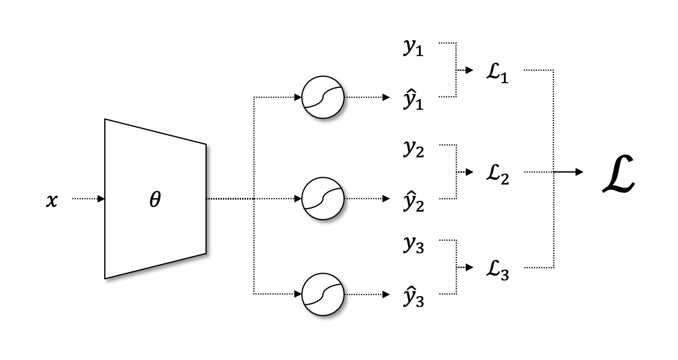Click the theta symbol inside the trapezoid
click(x=155, y=200)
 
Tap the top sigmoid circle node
click(x=323, y=97)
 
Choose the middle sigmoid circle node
click(x=323, y=198)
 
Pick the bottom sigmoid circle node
click(x=323, y=294)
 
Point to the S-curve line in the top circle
click(x=324, y=96)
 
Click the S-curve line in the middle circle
click(x=324, y=198)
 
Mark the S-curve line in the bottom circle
click(x=324, y=294)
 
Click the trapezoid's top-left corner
click(x=106, y=121)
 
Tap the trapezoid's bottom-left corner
click(x=106, y=277)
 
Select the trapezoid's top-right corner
click(x=205, y=145)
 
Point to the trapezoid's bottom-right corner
click(x=205, y=253)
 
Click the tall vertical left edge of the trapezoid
click(x=106, y=199)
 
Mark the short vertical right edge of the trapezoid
click(x=205, y=199)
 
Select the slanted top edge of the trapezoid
click(x=155, y=133)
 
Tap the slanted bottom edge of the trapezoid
click(x=155, y=265)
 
